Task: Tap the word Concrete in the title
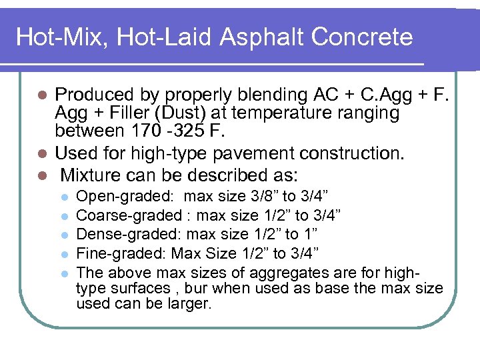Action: pyautogui.click(x=364, y=37)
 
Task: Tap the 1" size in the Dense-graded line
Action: pyautogui.click(x=311, y=234)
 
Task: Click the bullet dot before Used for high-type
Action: pyautogui.click(x=42, y=154)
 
